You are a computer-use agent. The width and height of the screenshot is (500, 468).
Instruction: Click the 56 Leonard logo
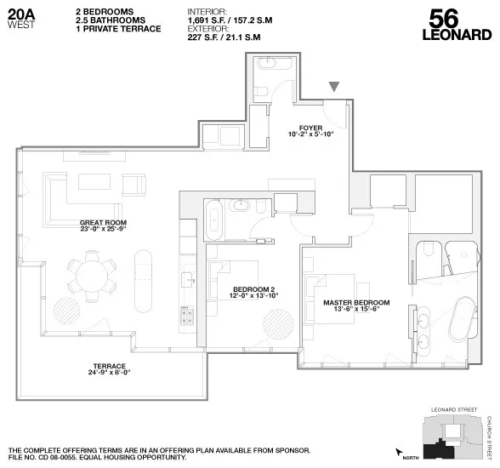(x=457, y=24)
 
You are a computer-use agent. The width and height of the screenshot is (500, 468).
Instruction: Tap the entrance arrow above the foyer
(x=336, y=86)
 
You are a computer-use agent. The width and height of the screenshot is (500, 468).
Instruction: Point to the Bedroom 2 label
(x=255, y=291)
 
